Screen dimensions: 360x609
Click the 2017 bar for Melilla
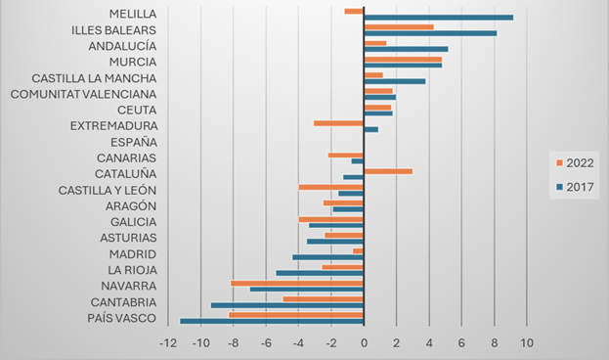(438, 17)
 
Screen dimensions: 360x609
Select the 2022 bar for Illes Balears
(398, 27)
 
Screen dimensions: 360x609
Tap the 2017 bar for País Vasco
(272, 321)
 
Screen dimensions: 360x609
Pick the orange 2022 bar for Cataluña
(387, 171)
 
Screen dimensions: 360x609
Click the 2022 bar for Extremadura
(338, 123)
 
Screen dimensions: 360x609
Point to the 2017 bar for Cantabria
(287, 305)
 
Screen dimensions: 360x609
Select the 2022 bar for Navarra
(297, 284)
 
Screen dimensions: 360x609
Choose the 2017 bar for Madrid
(327, 257)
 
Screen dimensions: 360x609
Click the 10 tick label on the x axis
(526, 343)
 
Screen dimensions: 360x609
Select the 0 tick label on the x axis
(364, 343)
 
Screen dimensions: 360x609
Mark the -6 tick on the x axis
(266, 343)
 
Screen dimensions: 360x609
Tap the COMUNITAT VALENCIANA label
(83, 94)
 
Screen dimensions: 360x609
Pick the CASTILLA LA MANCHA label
(94, 78)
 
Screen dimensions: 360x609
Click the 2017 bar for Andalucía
(406, 49)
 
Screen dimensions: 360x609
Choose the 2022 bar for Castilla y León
(331, 187)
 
